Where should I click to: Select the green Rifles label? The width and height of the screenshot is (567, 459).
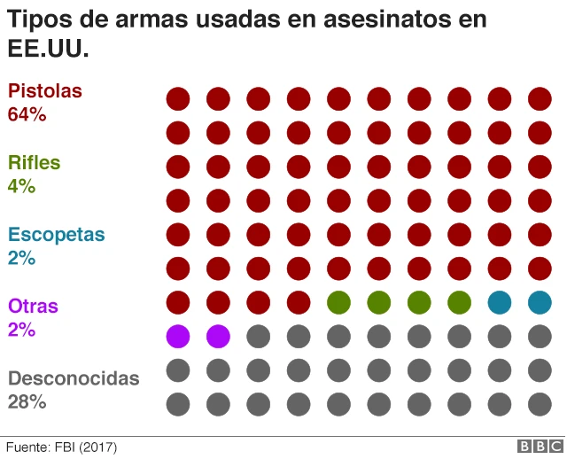pyautogui.click(x=34, y=162)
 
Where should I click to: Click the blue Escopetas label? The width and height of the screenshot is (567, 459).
pyautogui.click(x=56, y=235)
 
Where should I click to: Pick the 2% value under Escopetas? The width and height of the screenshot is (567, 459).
pyautogui.click(x=21, y=258)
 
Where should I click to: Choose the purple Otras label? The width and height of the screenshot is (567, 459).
pyautogui.click(x=33, y=307)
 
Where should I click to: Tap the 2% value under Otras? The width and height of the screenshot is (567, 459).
pyautogui.click(x=21, y=330)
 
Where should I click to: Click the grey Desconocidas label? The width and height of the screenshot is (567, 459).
pyautogui.click(x=74, y=378)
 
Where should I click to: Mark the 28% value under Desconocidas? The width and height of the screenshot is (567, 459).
pyautogui.click(x=27, y=401)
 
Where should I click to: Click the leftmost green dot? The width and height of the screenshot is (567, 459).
pyautogui.click(x=338, y=302)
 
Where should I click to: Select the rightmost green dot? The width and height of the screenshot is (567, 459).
pyautogui.click(x=459, y=302)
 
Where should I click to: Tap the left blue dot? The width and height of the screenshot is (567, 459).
pyautogui.click(x=500, y=302)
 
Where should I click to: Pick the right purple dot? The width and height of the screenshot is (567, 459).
pyautogui.click(x=218, y=336)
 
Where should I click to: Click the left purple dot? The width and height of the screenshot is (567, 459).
pyautogui.click(x=178, y=336)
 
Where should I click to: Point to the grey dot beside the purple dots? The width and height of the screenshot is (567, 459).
pyautogui.click(x=258, y=336)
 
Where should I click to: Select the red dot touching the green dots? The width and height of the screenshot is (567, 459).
pyautogui.click(x=299, y=302)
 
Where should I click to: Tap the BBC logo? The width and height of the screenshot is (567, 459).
pyautogui.click(x=540, y=447)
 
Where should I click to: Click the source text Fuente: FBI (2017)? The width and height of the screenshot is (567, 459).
pyautogui.click(x=62, y=447)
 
